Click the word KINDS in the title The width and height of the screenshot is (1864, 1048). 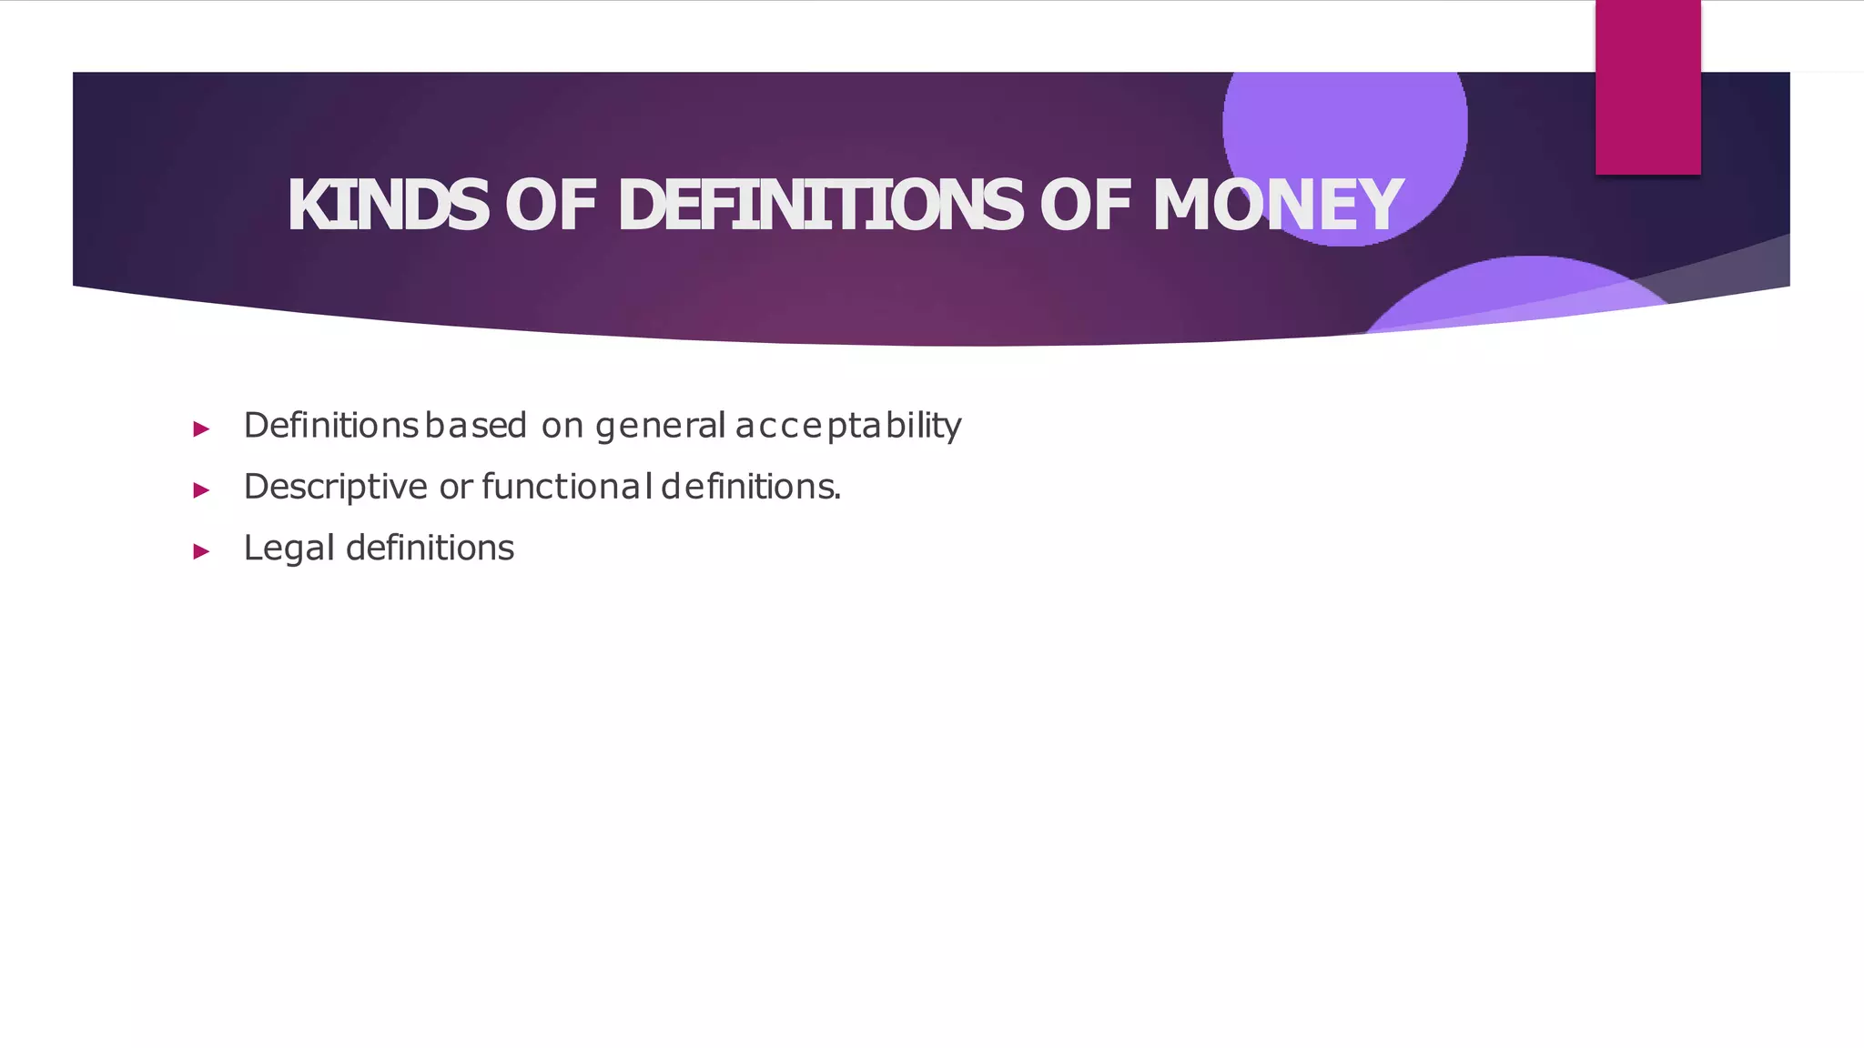click(x=388, y=206)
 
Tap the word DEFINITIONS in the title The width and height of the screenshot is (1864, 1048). click(x=819, y=206)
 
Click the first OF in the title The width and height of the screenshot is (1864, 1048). click(x=551, y=206)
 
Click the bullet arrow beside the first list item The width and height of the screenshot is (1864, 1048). click(x=201, y=428)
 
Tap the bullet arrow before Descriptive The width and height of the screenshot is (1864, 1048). click(x=201, y=490)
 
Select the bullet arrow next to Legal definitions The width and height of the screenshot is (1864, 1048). click(x=201, y=551)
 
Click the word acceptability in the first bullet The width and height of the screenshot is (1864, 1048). click(x=848, y=426)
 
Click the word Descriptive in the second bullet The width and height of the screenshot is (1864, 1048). click(x=335, y=488)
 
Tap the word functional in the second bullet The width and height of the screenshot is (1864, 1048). click(x=567, y=487)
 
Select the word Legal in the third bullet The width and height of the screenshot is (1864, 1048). click(x=289, y=549)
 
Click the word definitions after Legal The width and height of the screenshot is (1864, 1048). click(x=430, y=548)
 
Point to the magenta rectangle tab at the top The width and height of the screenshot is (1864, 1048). click(x=1647, y=86)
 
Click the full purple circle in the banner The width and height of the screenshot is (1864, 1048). click(x=1344, y=127)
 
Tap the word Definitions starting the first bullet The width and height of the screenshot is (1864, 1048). click(x=330, y=425)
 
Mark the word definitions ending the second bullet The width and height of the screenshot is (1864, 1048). click(x=751, y=487)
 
